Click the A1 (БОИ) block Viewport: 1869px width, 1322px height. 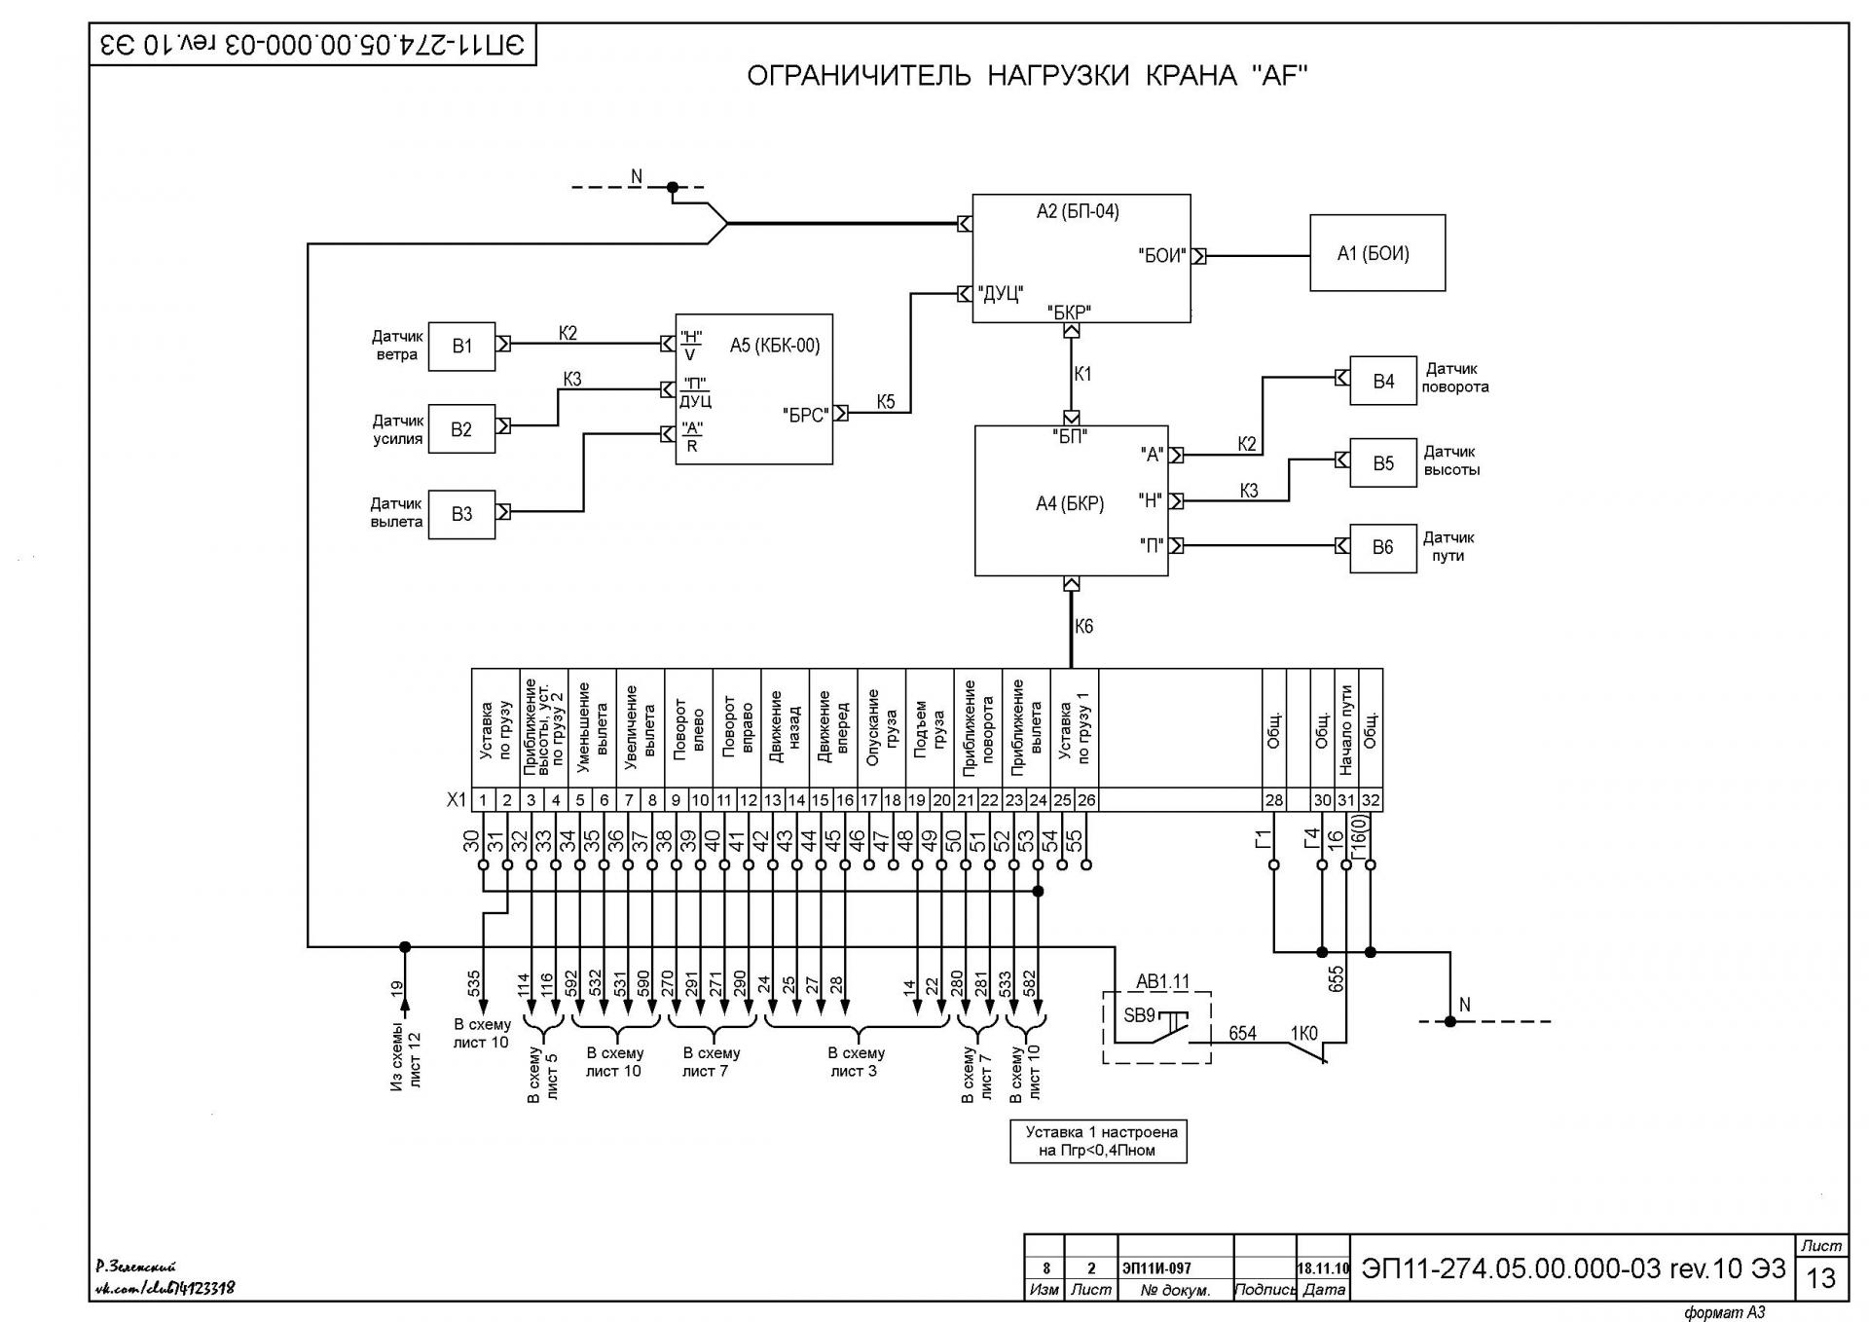[x=1377, y=253]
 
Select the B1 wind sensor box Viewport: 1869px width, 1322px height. [x=461, y=346]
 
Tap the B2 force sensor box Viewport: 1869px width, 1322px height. [x=461, y=429]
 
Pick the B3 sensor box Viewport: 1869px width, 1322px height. [x=461, y=514]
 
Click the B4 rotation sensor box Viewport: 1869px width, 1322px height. [x=1383, y=381]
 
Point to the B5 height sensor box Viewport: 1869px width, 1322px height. [x=1383, y=463]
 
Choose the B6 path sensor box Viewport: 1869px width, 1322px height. [x=1383, y=547]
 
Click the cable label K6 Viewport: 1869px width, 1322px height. [x=1084, y=626]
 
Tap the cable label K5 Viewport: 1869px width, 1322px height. [x=886, y=401]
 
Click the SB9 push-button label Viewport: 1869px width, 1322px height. [x=1139, y=1015]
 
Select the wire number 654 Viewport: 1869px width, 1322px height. [x=1242, y=1033]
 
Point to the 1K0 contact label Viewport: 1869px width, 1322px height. [x=1303, y=1033]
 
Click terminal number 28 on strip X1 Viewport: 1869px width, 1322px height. [x=1273, y=800]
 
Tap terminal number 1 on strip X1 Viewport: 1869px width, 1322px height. [x=483, y=800]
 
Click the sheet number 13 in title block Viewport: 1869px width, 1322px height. [x=1820, y=1277]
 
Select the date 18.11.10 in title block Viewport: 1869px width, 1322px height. [x=1323, y=1268]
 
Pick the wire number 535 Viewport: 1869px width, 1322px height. [x=474, y=984]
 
